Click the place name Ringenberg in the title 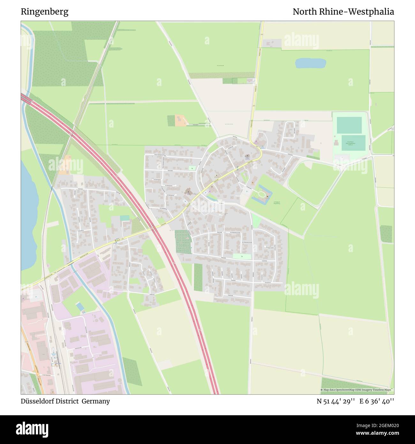coord(44,12)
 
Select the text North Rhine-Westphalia coord(343,12)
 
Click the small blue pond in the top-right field coord(310,63)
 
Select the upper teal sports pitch coord(349,125)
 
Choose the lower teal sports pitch coord(353,143)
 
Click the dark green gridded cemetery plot coord(183,240)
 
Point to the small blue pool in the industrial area coord(80,307)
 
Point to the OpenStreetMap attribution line coord(357,390)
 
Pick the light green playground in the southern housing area coord(242,256)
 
